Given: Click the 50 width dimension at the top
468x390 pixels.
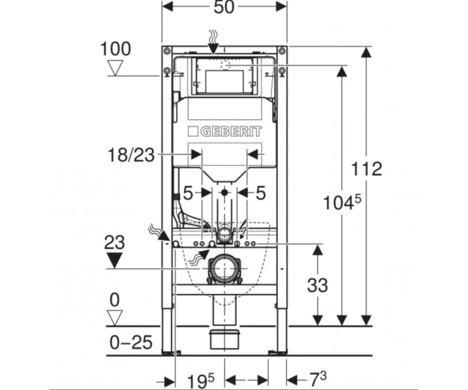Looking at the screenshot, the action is [224, 7].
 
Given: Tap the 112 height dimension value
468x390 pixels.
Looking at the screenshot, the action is [366, 169].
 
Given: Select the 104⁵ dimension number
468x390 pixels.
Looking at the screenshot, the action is [342, 202].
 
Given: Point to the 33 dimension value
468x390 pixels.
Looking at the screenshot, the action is [317, 285].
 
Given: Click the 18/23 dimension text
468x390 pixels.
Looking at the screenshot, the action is [131, 155].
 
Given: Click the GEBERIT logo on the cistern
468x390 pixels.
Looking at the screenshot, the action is [225, 131].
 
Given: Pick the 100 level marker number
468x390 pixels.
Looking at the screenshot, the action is [116, 49].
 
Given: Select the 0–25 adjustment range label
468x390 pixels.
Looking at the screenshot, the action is [131, 342].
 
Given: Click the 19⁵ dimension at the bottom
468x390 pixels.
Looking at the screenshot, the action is [200, 381].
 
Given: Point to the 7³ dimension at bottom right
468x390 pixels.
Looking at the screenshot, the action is [317, 379].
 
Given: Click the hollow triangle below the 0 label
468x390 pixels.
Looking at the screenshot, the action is [115, 318].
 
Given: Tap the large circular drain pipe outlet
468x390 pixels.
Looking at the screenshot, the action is [224, 268].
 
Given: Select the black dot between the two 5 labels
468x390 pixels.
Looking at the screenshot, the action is [224, 193].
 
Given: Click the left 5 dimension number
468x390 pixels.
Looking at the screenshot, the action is [187, 193].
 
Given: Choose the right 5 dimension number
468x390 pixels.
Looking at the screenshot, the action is [260, 193].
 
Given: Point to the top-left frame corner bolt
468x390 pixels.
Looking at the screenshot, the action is [167, 50].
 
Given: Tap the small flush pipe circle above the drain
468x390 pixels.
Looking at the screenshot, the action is [224, 233].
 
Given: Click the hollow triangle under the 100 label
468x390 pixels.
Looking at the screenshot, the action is [116, 68].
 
